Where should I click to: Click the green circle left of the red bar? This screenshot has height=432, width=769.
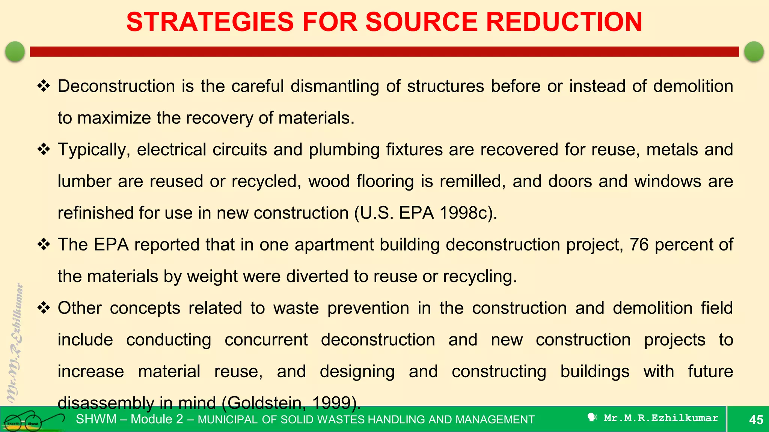15,51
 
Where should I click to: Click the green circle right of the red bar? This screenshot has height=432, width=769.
754,51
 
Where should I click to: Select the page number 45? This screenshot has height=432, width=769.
756,420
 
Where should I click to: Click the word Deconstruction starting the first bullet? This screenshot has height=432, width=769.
116,86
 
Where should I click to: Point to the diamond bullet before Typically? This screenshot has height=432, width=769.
44,150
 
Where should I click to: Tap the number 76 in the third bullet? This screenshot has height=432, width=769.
639,245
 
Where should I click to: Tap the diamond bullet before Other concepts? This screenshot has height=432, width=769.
44,308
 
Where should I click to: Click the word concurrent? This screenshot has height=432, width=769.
266,340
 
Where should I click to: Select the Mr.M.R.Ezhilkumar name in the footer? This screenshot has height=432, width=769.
660,418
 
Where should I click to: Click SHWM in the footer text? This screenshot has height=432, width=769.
96,419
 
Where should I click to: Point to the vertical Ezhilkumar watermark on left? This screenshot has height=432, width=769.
15,341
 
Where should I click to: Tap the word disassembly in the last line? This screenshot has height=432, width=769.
106,403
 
